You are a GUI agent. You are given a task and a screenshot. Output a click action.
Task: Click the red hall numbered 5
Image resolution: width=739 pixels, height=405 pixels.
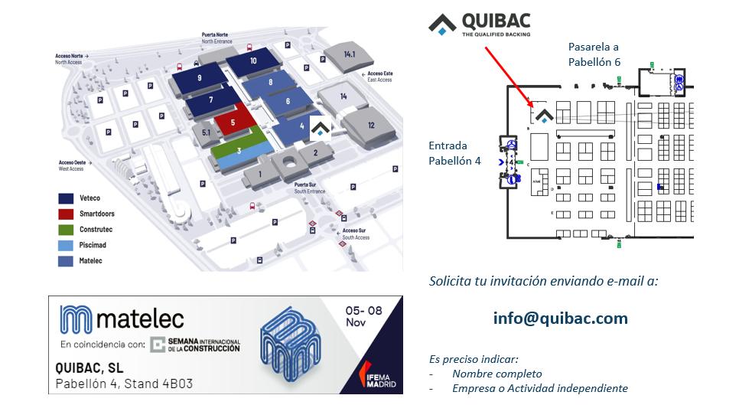[233, 121]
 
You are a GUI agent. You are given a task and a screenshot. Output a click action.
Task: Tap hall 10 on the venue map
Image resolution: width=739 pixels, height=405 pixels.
[253, 60]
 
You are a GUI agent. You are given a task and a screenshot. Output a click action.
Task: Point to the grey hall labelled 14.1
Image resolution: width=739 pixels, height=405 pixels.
[350, 54]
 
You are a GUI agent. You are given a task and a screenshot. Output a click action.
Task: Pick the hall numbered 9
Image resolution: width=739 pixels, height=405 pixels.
[199, 78]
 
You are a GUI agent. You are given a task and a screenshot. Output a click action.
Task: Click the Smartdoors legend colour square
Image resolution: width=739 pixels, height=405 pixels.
[66, 214]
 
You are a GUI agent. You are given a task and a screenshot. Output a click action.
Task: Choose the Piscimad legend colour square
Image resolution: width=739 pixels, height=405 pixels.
[66, 246]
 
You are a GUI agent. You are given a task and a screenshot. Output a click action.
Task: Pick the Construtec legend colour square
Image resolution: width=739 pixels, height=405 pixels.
[66, 230]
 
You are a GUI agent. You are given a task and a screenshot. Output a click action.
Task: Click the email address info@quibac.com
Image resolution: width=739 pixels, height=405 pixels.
[561, 318]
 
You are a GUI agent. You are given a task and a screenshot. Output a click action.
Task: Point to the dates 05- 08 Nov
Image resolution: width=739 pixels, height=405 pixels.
[364, 317]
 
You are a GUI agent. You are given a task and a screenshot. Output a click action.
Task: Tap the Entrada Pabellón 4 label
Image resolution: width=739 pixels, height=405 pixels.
[454, 153]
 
